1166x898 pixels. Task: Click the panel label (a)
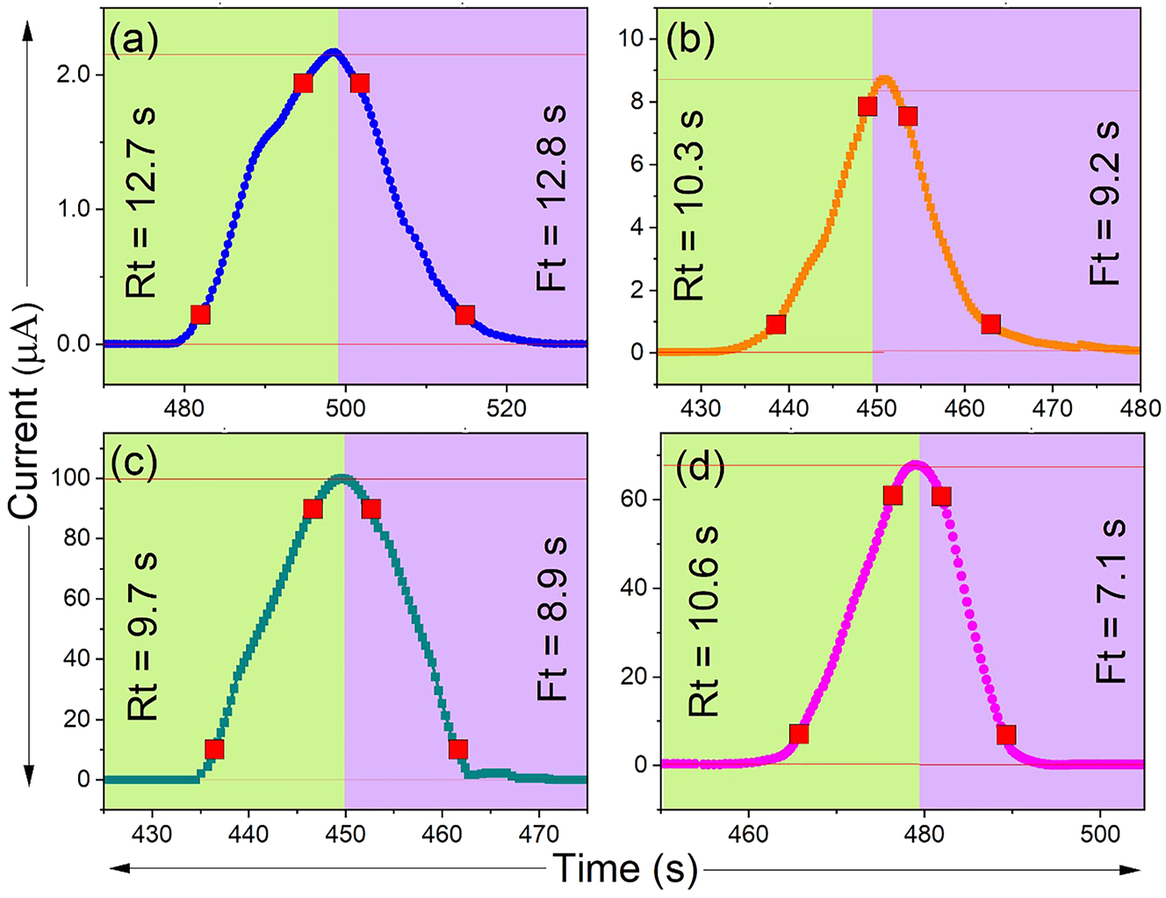point(133,41)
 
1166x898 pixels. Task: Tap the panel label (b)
point(690,40)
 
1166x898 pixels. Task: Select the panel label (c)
point(133,462)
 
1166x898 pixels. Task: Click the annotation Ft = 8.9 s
point(552,619)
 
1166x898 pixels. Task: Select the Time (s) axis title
point(625,869)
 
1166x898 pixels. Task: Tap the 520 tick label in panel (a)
point(506,408)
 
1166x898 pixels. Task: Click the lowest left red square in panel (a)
point(200,315)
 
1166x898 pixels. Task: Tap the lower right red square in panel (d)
point(1005,734)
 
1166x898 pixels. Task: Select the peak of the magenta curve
point(915,463)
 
